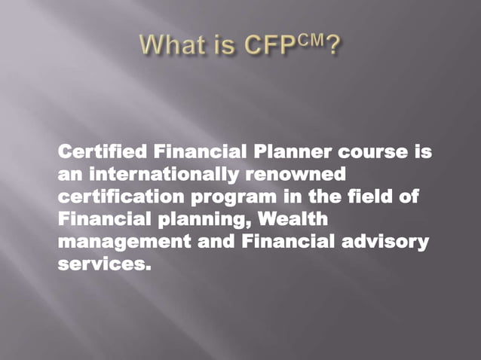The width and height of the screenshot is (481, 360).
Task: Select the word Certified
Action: click(x=101, y=152)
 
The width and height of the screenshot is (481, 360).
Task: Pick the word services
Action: click(x=100, y=265)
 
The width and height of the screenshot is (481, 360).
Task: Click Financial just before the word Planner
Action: click(x=199, y=152)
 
